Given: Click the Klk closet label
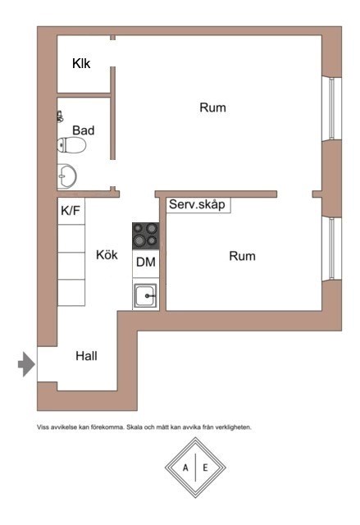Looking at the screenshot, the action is pyautogui.click(x=81, y=63).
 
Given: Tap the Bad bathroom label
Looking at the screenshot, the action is pyautogui.click(x=84, y=130).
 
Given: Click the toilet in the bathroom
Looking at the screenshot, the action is pyautogui.click(x=71, y=145).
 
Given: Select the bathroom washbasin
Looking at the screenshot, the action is pyautogui.click(x=67, y=176).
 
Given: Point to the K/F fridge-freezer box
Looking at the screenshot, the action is pyautogui.click(x=71, y=212).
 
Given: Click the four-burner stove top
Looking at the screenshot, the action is pyautogui.click(x=145, y=235).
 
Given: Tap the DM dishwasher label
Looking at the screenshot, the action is pyautogui.click(x=146, y=262).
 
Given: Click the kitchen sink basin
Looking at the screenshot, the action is pyautogui.click(x=145, y=295).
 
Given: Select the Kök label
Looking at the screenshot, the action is pyautogui.click(x=107, y=255).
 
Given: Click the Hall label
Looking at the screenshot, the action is pyautogui.click(x=86, y=356).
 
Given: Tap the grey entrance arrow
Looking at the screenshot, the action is pyautogui.click(x=26, y=364).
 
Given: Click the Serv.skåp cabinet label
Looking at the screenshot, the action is pyautogui.click(x=197, y=204).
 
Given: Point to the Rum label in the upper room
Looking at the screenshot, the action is pyautogui.click(x=212, y=107).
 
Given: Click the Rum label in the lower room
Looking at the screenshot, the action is pyautogui.click(x=242, y=256).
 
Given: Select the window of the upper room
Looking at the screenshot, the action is pyautogui.click(x=331, y=108).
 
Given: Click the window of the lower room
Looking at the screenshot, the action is pyautogui.click(x=331, y=249).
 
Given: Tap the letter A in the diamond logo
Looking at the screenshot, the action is pyautogui.click(x=185, y=468).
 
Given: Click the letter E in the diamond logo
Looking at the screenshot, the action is pyautogui.click(x=206, y=468).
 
